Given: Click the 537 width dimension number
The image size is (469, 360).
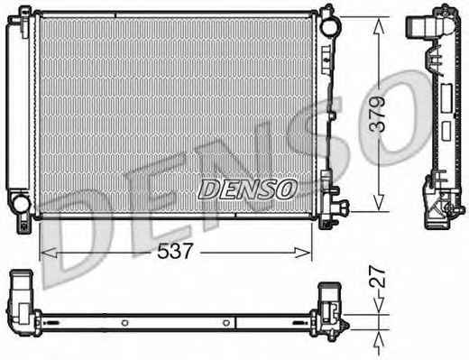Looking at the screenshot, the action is tap(175, 251).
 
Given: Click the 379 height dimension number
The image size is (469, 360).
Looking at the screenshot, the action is tap(377, 114).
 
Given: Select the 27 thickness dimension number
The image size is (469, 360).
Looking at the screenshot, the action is tap(377, 276).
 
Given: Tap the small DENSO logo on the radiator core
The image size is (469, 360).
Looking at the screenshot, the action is tap(247, 189).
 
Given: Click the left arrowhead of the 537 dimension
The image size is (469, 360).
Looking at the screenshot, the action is tap(49, 253).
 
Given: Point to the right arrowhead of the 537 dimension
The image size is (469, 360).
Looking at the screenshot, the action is tap(303, 253).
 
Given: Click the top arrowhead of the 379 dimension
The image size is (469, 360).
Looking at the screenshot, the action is tap(380, 25).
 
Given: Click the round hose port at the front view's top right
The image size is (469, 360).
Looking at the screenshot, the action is tap(330, 25).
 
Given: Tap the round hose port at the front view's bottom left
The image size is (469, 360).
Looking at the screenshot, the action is tap(22, 204).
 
